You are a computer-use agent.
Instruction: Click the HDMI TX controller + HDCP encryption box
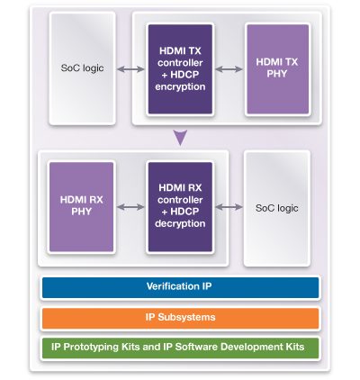click(x=180, y=69)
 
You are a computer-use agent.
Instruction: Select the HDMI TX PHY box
click(x=277, y=69)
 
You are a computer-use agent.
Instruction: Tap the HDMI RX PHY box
click(x=81, y=207)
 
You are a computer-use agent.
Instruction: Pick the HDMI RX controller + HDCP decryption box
click(x=180, y=207)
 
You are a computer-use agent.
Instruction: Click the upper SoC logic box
click(x=82, y=68)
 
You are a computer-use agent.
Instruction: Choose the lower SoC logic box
click(x=277, y=208)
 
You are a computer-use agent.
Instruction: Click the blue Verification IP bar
click(x=180, y=287)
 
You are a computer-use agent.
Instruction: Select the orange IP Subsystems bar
click(x=180, y=318)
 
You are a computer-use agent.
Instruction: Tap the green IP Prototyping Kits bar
click(x=180, y=348)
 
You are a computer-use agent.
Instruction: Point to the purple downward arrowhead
click(x=180, y=137)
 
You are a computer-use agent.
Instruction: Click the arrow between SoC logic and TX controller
click(x=130, y=69)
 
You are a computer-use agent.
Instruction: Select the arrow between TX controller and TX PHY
click(x=229, y=69)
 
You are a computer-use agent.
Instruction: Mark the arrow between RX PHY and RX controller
click(x=130, y=207)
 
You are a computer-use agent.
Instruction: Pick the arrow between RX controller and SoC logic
click(x=229, y=207)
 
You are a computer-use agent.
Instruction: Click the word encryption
click(x=180, y=87)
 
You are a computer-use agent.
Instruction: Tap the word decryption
click(x=180, y=224)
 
